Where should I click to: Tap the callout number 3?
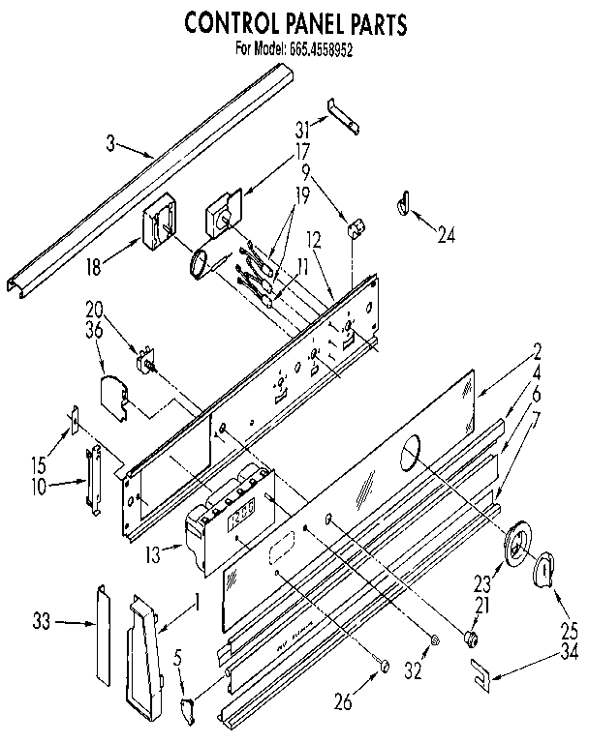pyautogui.click(x=111, y=143)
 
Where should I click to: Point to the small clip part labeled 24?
pyautogui.click(x=401, y=203)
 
